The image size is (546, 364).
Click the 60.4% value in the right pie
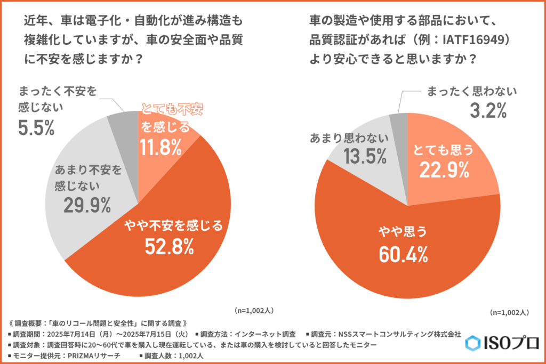tap(404, 255)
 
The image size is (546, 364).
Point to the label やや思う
tap(404, 233)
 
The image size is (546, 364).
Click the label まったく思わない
tap(471, 92)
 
